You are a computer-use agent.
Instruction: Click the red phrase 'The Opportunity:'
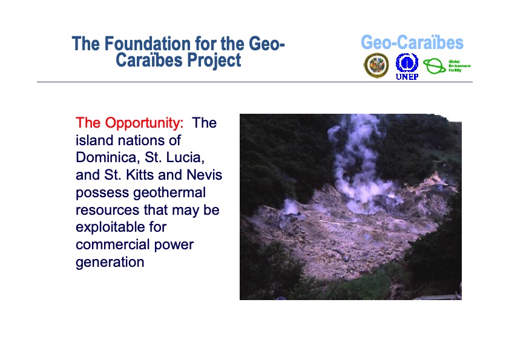click(x=129, y=123)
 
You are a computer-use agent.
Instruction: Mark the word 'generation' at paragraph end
click(x=110, y=263)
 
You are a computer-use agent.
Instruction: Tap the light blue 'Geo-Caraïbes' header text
click(x=412, y=43)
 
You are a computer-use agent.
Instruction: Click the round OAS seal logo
click(x=376, y=65)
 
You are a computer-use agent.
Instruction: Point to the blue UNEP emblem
click(x=407, y=62)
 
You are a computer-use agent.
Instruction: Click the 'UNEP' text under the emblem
click(x=407, y=77)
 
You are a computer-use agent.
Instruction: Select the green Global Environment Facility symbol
click(x=434, y=66)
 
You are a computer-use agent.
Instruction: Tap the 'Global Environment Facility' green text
click(x=459, y=66)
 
